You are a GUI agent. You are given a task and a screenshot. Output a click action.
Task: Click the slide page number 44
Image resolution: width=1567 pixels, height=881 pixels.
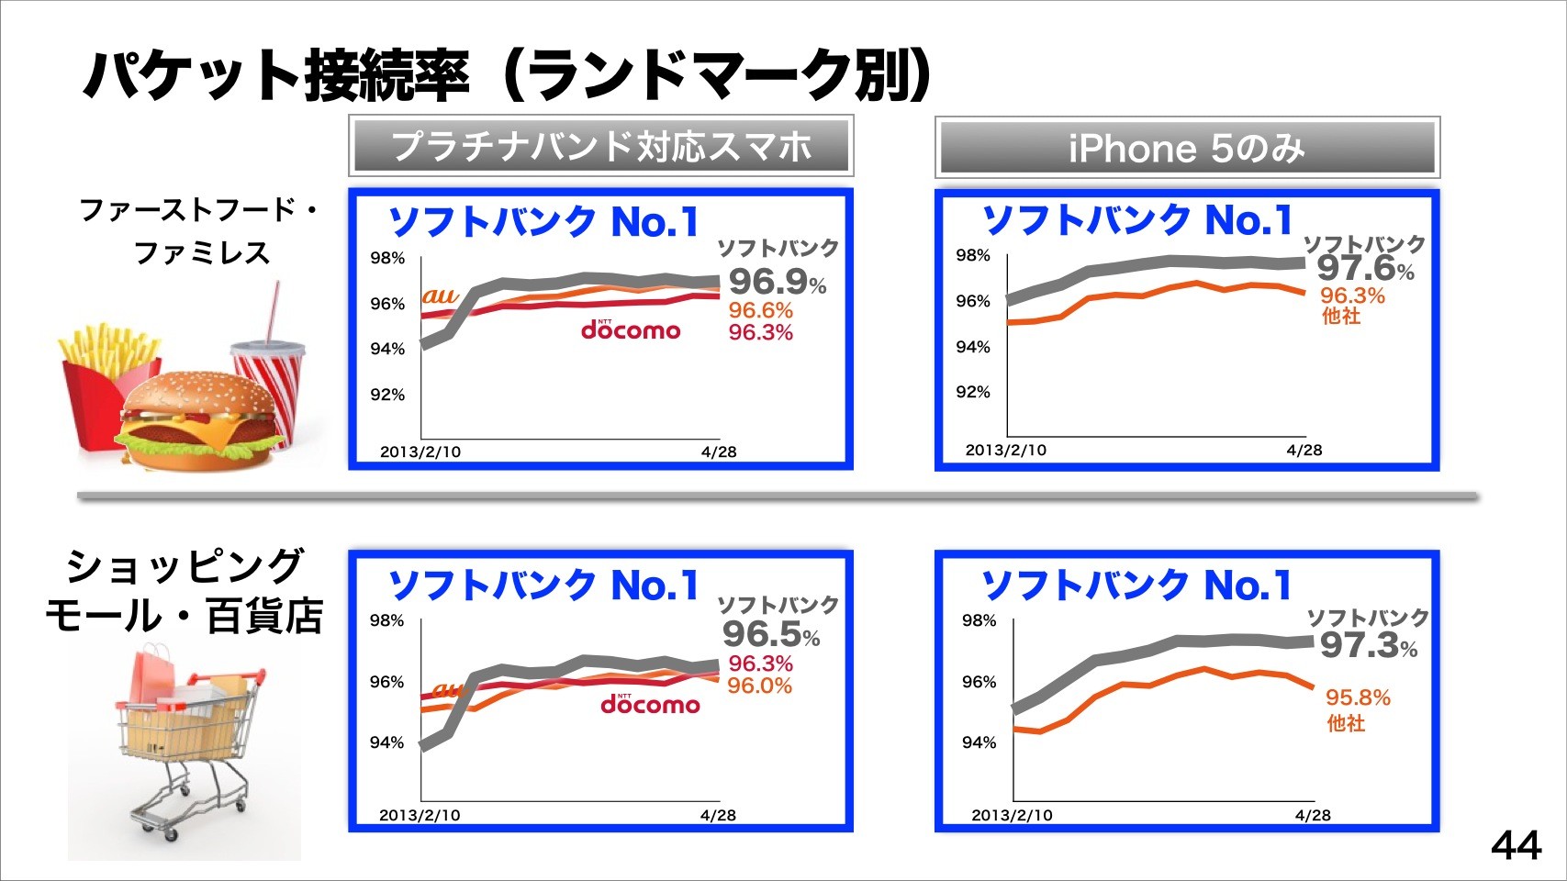1516,845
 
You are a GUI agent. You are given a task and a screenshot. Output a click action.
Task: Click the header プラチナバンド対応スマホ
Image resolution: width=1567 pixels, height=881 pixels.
601,146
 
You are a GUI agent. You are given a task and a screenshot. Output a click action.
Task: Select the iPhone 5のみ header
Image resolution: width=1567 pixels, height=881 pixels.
1187,148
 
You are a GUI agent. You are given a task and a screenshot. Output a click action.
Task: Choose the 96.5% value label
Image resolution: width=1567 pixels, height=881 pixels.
770,634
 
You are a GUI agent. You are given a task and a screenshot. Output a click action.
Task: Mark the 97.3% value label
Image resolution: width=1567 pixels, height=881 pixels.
1368,645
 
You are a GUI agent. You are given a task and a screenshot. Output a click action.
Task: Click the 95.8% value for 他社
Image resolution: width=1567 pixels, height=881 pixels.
1358,697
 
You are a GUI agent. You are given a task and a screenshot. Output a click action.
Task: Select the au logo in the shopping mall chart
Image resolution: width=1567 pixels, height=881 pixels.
448,689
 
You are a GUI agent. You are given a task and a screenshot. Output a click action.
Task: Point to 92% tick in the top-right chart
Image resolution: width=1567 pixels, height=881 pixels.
972,392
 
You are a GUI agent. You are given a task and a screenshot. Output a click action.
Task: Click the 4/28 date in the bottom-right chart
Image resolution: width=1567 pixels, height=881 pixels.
1313,815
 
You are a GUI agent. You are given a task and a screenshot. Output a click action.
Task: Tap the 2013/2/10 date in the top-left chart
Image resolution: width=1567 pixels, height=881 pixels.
420,452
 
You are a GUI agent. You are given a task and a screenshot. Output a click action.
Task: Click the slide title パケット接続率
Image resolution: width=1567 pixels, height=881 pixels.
275,75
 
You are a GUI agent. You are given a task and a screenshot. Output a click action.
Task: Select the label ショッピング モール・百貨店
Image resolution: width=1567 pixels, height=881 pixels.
184,592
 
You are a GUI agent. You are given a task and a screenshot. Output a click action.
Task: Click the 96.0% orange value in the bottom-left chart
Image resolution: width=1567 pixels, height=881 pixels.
759,686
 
